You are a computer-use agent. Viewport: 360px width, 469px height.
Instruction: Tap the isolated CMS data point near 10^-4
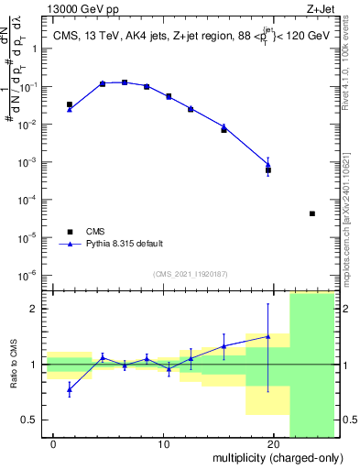point(312,213)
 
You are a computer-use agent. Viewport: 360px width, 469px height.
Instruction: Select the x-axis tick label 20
point(273,445)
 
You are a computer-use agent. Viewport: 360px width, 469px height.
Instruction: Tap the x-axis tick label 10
point(163,445)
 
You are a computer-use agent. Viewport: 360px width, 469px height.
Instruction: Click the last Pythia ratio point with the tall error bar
point(267,336)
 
